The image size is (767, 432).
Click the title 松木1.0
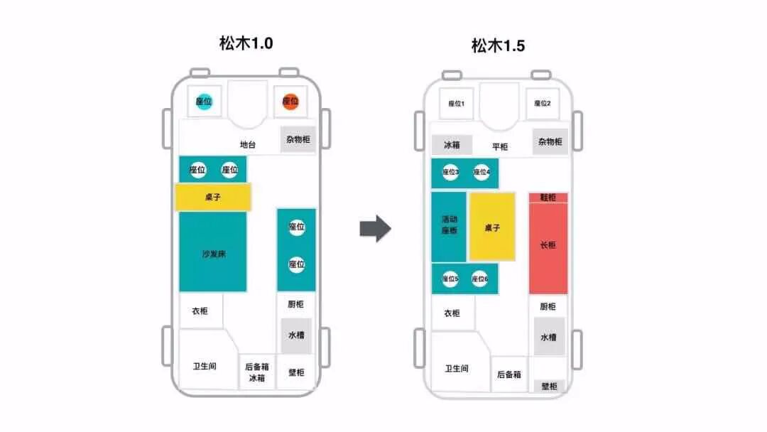[x=246, y=43]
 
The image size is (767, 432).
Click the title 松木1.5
[x=498, y=46]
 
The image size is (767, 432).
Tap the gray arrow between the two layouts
[x=374, y=228]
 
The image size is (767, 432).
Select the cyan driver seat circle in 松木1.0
[x=204, y=102]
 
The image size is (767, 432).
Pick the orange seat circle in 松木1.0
[x=290, y=102]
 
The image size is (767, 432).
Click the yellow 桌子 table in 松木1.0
[x=212, y=197]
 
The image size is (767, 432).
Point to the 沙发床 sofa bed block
[x=212, y=252]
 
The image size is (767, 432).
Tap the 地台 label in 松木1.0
[x=247, y=145]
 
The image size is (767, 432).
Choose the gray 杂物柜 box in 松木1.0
[x=298, y=139]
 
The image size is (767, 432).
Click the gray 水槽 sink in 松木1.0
[x=297, y=335]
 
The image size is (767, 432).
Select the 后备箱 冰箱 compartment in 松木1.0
[x=257, y=372]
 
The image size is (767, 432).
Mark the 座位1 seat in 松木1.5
[x=456, y=104]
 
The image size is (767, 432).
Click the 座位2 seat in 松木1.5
[x=543, y=104]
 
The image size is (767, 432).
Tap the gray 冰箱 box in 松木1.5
[x=452, y=145]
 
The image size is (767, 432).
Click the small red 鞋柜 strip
[x=548, y=197]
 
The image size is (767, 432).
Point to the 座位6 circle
[x=480, y=279]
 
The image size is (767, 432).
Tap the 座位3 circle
[x=451, y=172]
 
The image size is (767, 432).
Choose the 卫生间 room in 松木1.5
[x=457, y=368]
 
